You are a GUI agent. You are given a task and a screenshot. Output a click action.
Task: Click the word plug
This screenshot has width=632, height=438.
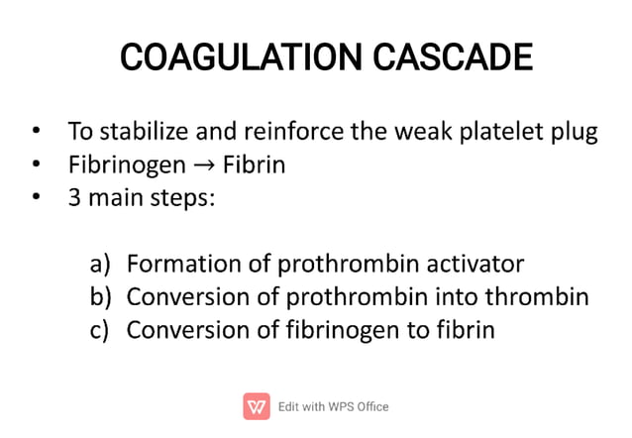tap(575, 133)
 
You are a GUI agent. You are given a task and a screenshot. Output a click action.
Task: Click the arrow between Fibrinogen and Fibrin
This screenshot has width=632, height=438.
tap(198, 164)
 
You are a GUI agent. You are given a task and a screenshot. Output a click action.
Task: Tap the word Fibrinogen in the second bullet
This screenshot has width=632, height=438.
tap(125, 164)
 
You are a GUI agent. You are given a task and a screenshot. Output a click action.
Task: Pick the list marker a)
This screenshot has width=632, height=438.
tap(100, 265)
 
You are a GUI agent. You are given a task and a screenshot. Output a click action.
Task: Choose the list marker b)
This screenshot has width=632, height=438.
tap(101, 296)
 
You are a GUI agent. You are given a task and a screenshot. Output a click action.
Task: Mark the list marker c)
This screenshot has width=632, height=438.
tap(100, 329)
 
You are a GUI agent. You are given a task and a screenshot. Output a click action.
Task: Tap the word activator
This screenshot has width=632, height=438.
tap(475, 265)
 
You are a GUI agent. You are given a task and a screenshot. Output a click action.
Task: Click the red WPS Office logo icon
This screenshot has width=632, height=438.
tap(256, 406)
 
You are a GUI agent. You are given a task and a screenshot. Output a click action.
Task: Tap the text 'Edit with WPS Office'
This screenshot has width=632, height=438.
tap(334, 406)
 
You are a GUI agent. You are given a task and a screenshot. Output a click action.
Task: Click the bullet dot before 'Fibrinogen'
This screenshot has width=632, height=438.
tap(36, 164)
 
